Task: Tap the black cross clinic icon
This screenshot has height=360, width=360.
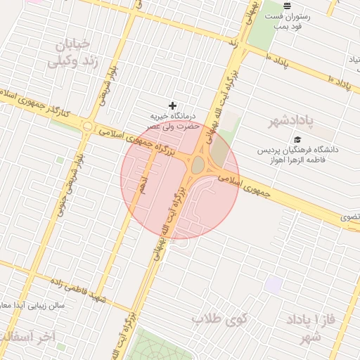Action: [x=173, y=105]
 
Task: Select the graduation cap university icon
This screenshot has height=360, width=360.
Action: [x=298, y=140]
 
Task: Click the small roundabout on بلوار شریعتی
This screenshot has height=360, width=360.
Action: [x=88, y=127]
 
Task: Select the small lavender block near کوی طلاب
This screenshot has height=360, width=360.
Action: [x=274, y=285]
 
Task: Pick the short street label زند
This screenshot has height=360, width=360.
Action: [x=233, y=42]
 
